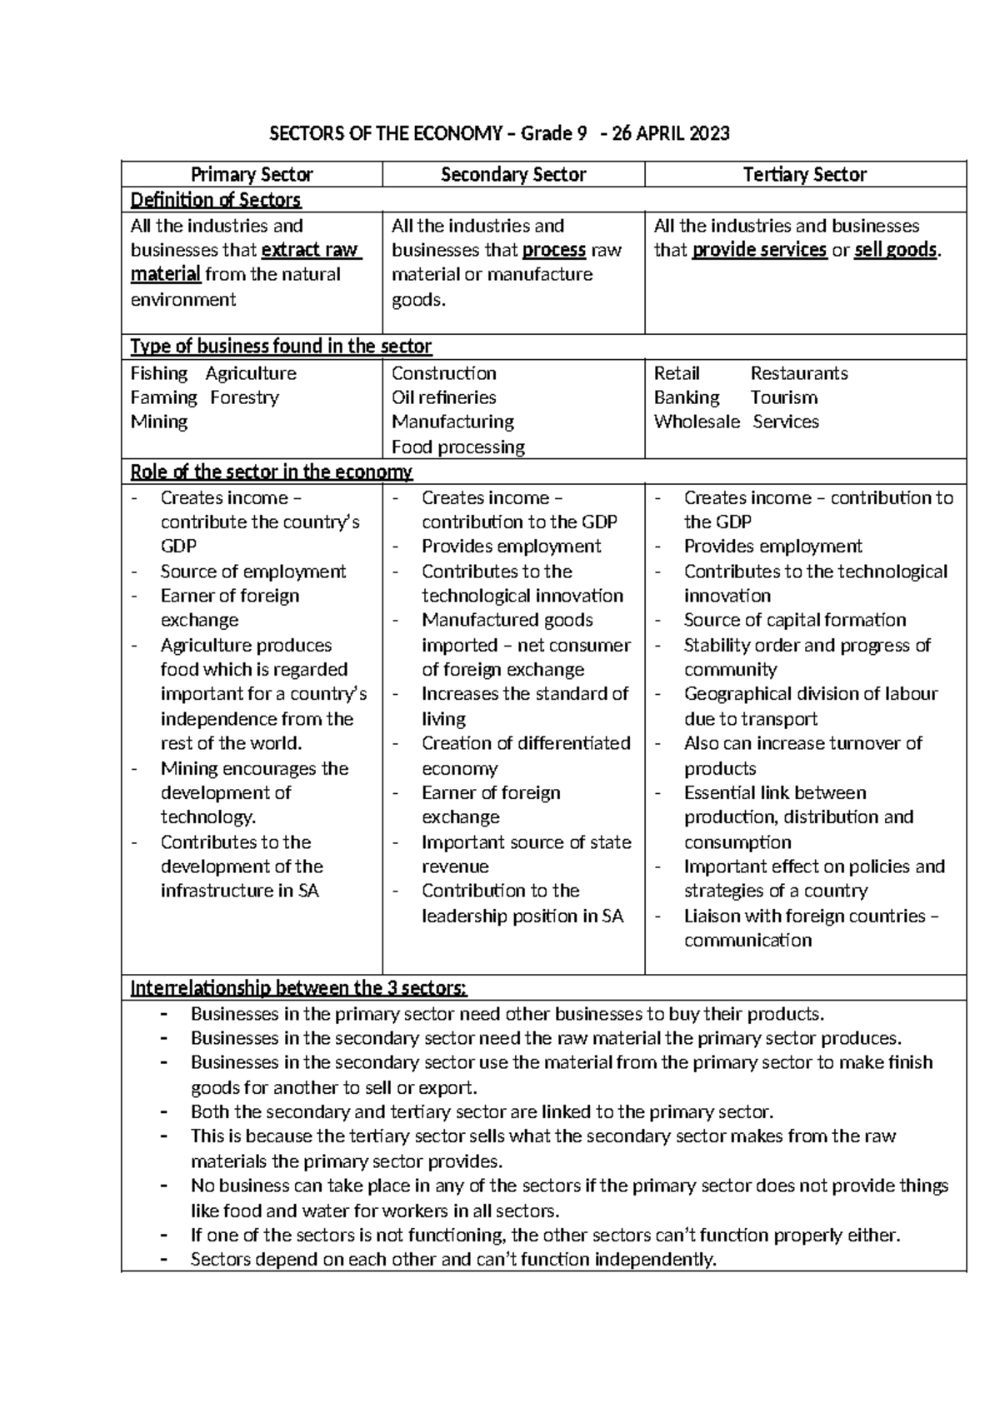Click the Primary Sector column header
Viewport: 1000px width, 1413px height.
[252, 175]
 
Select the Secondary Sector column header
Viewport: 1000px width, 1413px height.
[513, 175]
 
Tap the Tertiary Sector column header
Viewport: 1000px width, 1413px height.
[805, 175]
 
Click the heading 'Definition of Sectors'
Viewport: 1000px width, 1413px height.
[216, 200]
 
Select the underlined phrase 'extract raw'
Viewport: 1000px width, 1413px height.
[310, 250]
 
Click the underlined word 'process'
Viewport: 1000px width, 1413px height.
[554, 250]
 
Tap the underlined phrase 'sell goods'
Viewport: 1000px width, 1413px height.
[896, 250]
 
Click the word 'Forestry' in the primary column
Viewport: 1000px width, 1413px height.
[244, 397]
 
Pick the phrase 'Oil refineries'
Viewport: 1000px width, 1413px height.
[443, 397]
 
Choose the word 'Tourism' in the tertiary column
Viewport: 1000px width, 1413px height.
[783, 397]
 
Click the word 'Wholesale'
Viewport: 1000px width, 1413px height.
[697, 422]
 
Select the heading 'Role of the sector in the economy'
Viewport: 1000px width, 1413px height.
[272, 472]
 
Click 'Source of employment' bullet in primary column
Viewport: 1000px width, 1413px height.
[252, 572]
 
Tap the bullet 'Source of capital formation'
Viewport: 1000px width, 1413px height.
[794, 620]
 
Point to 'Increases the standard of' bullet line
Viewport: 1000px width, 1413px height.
[524, 694]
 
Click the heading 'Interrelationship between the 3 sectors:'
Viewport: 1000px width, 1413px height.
[299, 989]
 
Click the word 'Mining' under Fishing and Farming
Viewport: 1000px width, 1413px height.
[159, 422]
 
